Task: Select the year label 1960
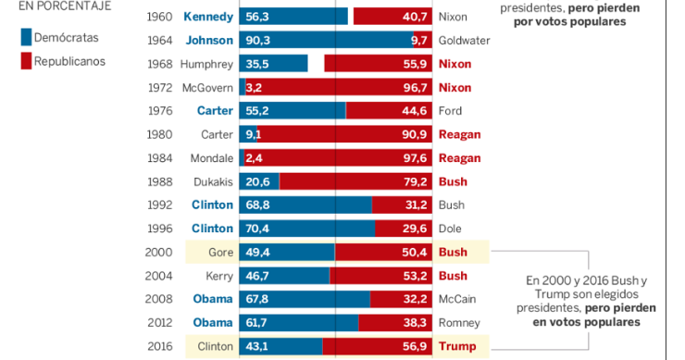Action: pyautogui.click(x=160, y=17)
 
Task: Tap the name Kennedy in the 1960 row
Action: pyautogui.click(x=208, y=17)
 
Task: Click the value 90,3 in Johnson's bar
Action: pyautogui.click(x=257, y=41)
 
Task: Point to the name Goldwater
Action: pyautogui.click(x=464, y=41)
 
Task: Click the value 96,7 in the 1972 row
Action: pyautogui.click(x=413, y=88)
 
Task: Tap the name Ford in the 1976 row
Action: pyautogui.click(x=450, y=111)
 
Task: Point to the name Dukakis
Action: pyautogui.click(x=211, y=181)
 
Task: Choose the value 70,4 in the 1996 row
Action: pyautogui.click(x=257, y=229)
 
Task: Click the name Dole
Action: pyautogui.click(x=451, y=229)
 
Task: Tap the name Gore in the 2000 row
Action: pyautogui.click(x=219, y=253)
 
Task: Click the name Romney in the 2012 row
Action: pyautogui.click(x=459, y=323)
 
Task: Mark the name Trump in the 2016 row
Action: pyautogui.click(x=457, y=347)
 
